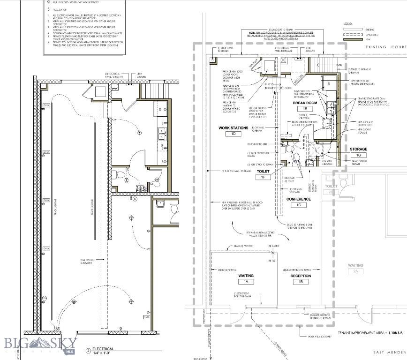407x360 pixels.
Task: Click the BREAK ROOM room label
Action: pos(305,103)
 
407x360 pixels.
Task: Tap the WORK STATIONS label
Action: pos(233,127)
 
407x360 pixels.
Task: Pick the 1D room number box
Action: pos(233,134)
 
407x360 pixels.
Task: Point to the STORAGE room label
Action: pos(358,149)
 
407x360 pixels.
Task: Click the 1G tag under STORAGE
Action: pos(358,155)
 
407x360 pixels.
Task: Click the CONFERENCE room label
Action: pos(299,199)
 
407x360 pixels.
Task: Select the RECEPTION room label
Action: pos(300,276)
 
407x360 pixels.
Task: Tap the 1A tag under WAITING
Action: pos(246,282)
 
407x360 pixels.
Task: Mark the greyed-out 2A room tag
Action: pos(355,271)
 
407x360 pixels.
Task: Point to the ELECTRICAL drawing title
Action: pos(104,349)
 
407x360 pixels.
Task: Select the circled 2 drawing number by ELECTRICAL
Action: pos(88,351)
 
